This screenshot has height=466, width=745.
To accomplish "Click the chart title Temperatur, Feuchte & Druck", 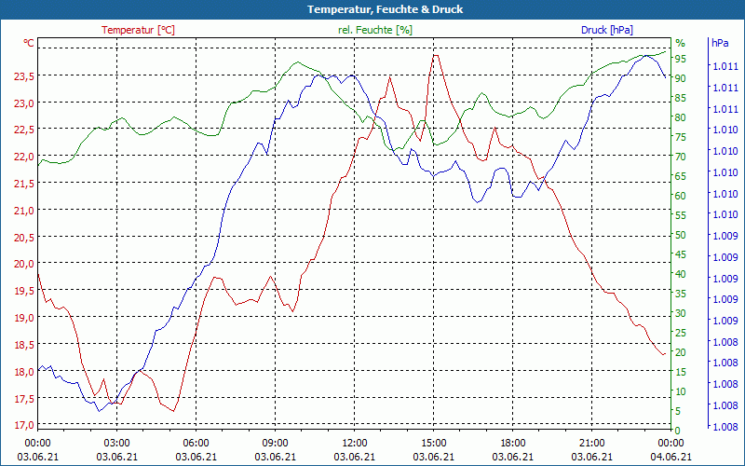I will coord(372,9).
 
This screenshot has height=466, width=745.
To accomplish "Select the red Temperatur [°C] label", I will coord(138,30).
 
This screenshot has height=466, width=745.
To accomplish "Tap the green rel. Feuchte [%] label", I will coord(374,30).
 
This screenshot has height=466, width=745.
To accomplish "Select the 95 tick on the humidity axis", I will coord(680,59).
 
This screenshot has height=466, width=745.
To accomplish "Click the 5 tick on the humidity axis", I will coord(678,411).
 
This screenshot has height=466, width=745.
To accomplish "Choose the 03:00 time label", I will coord(116,442).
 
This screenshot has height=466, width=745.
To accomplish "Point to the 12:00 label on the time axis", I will coord(355,442).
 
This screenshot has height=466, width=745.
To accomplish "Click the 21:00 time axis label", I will coord(592,442).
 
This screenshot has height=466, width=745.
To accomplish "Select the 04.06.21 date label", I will coord(671,457).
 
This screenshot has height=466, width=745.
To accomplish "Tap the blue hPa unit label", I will coord(720,43).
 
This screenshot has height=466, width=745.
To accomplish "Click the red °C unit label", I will coord(29,43).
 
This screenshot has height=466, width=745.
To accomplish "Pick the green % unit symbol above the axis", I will coord(680,43).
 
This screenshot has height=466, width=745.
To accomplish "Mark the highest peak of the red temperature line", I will coord(434,55).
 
